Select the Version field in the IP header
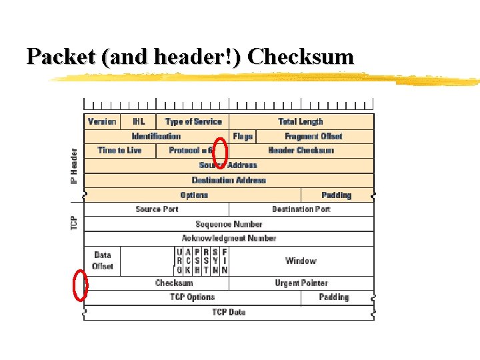(102, 121)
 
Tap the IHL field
(139, 121)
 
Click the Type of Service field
(193, 121)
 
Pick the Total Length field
(301, 121)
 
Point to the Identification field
(156, 136)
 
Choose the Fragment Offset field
(313, 136)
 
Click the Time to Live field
(120, 151)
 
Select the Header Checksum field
(301, 151)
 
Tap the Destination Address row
(229, 180)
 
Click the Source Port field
(157, 209)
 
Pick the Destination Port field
(301, 209)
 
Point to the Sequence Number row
(229, 224)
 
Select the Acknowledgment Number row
(229, 238)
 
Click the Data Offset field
(103, 261)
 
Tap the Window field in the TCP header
(301, 261)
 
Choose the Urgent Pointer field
(301, 283)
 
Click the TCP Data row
(229, 312)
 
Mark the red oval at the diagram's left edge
(80, 285)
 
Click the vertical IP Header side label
(75, 166)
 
